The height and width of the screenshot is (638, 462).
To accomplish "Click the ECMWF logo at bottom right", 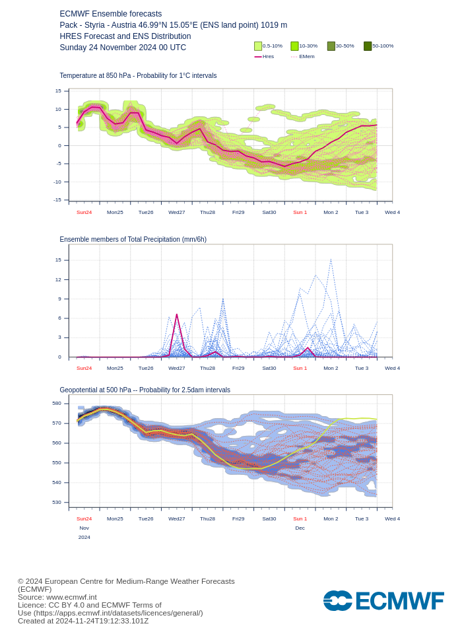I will [383, 601].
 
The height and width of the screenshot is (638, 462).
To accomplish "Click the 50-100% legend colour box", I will [368, 46].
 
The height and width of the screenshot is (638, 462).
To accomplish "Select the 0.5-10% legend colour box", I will [258, 46].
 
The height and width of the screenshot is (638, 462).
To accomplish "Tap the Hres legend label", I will [268, 57].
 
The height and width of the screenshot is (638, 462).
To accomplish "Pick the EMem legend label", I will [307, 57].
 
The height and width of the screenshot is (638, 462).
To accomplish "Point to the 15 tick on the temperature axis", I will [58, 91].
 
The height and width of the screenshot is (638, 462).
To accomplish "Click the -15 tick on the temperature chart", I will [57, 199].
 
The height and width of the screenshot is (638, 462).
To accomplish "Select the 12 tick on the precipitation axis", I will [58, 279].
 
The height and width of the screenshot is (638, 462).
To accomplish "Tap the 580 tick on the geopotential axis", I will [57, 403].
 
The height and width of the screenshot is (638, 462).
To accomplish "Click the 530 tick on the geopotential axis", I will [57, 502].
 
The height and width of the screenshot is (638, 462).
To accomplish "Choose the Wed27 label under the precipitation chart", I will [176, 368].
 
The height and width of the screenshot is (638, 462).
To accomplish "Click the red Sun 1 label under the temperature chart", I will [300, 212].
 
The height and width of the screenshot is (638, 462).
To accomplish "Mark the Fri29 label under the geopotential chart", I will [238, 518].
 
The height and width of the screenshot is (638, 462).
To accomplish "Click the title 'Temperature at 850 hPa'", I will [138, 76].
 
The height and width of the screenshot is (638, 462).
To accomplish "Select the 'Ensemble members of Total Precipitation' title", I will [133, 239].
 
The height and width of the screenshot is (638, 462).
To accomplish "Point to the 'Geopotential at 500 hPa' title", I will [145, 390].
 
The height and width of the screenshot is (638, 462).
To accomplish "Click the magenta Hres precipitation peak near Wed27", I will [177, 315].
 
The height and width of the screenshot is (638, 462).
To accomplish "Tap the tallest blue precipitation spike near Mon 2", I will [331, 260].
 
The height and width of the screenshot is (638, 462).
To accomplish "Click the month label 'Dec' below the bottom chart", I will [300, 528].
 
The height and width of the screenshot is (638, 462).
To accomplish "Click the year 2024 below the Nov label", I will [84, 537].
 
